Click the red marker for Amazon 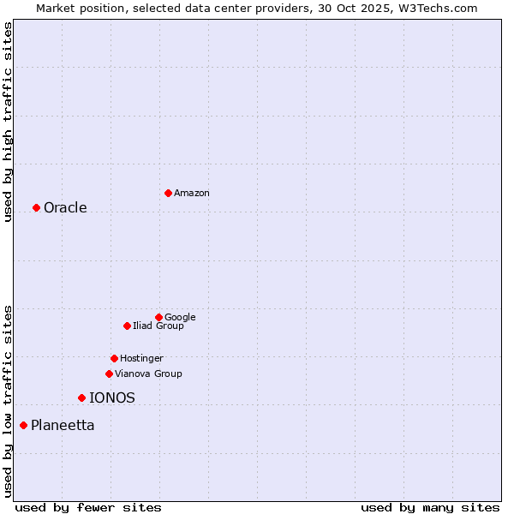point(168,193)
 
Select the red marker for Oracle point(36,207)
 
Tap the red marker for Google point(158,317)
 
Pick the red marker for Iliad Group point(127,326)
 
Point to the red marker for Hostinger point(114,358)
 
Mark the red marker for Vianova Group point(109,374)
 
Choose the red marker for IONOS point(81,397)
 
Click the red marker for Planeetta point(23,425)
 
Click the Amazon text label point(192,194)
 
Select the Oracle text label point(65,208)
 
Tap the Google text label point(180,318)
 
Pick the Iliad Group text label point(158,326)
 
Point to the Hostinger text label point(141,359)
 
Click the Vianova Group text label point(148,374)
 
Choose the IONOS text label point(112,398)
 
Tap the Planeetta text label point(63,426)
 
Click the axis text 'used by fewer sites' point(88,507)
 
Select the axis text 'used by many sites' point(430,507)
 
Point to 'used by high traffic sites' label point(9,123)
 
